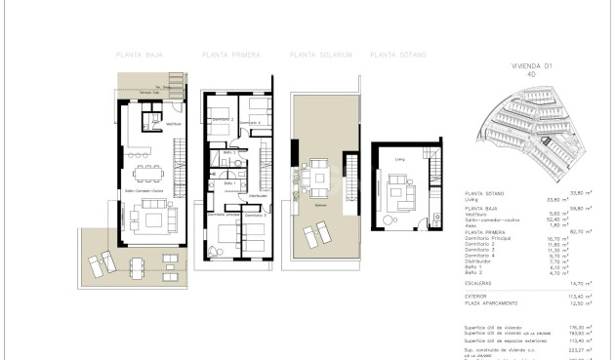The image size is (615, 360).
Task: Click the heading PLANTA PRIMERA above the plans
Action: [226, 55]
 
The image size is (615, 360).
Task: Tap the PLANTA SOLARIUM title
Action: [313, 55]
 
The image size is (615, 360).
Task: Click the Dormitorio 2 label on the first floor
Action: [224, 119]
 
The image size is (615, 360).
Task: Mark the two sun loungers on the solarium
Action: [316, 235]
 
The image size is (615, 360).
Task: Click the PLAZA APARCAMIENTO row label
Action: [489, 301]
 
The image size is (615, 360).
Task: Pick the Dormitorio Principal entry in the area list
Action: [488, 237]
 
